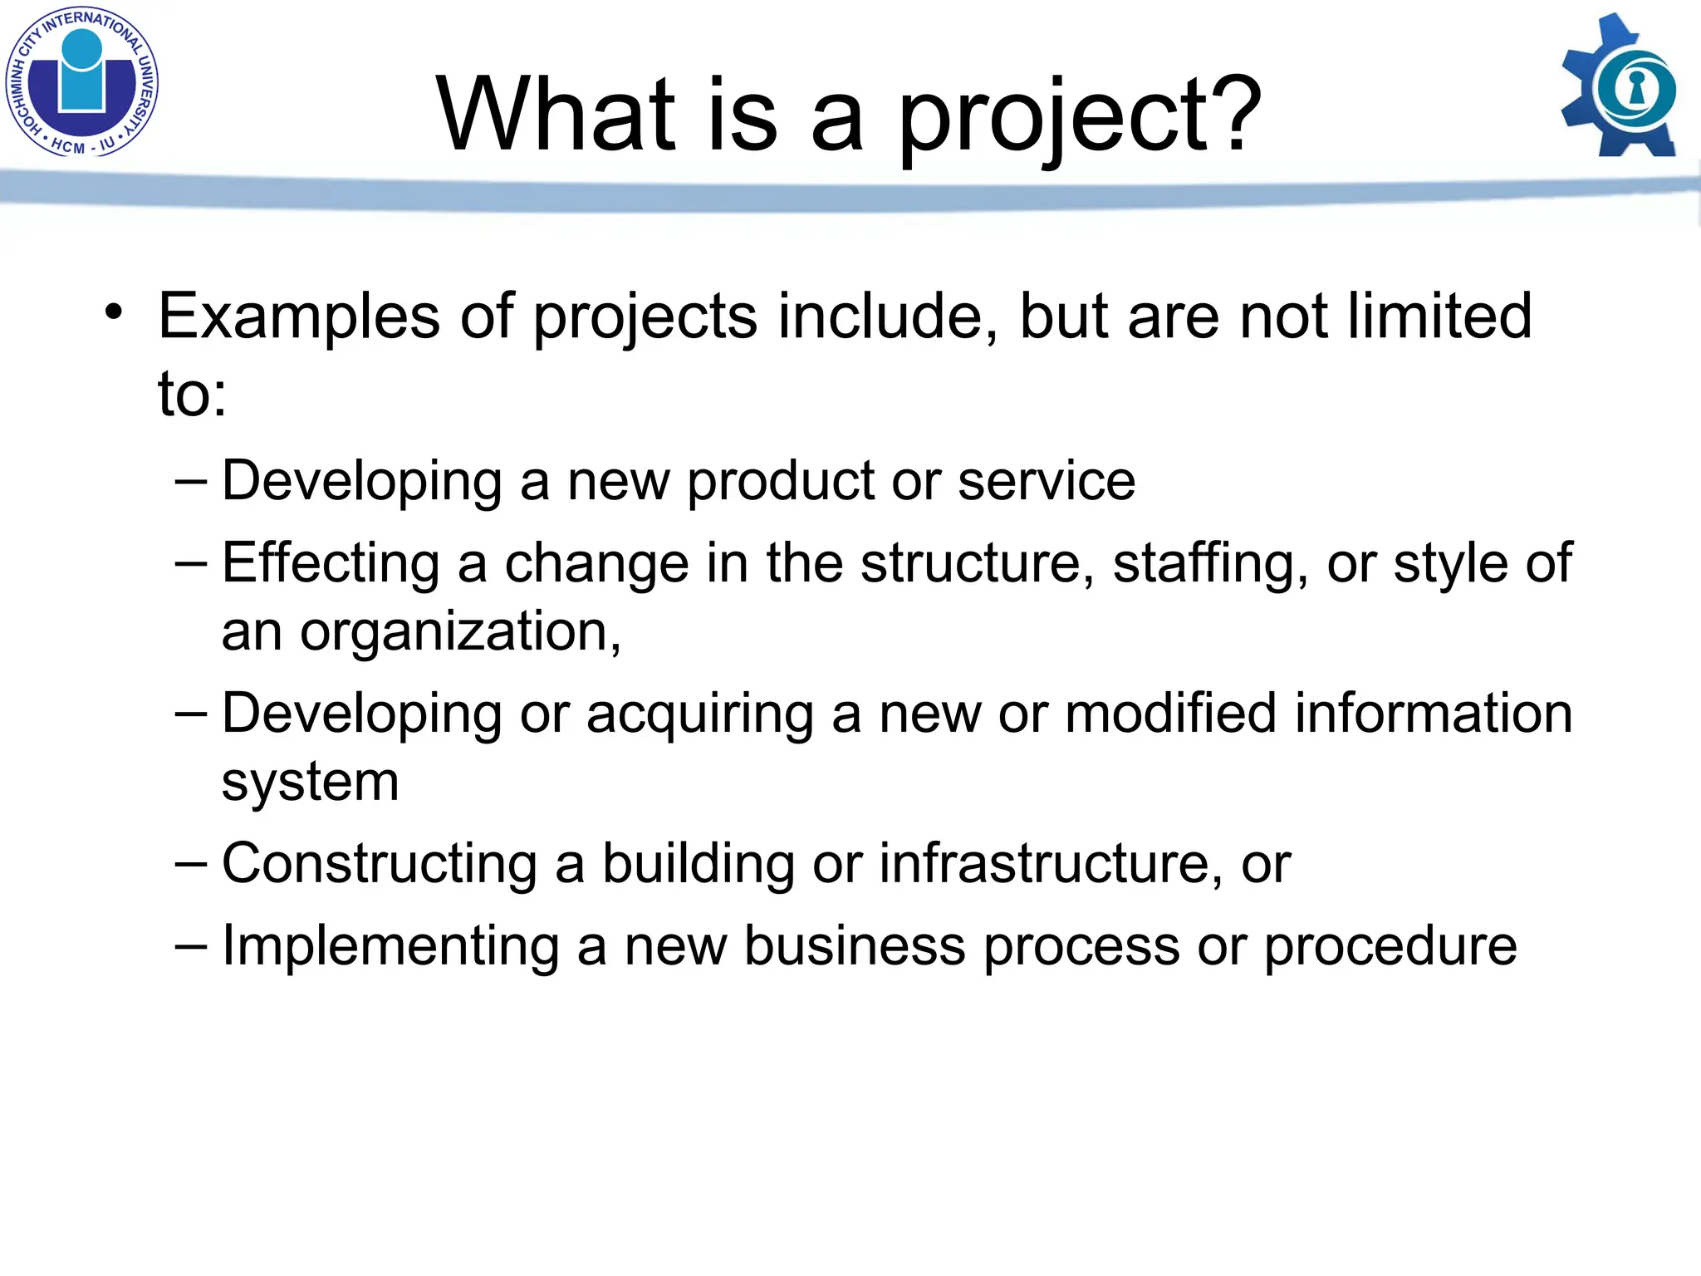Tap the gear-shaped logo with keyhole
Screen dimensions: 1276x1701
1620,86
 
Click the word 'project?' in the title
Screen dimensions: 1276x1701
1080,116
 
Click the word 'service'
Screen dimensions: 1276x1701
1046,482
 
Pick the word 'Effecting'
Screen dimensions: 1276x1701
331,564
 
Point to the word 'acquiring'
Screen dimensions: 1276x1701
699,714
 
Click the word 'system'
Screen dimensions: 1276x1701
310,783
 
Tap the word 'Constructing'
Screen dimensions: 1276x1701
379,864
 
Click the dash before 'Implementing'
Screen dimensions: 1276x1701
191,945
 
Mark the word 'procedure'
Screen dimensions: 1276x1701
1390,947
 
